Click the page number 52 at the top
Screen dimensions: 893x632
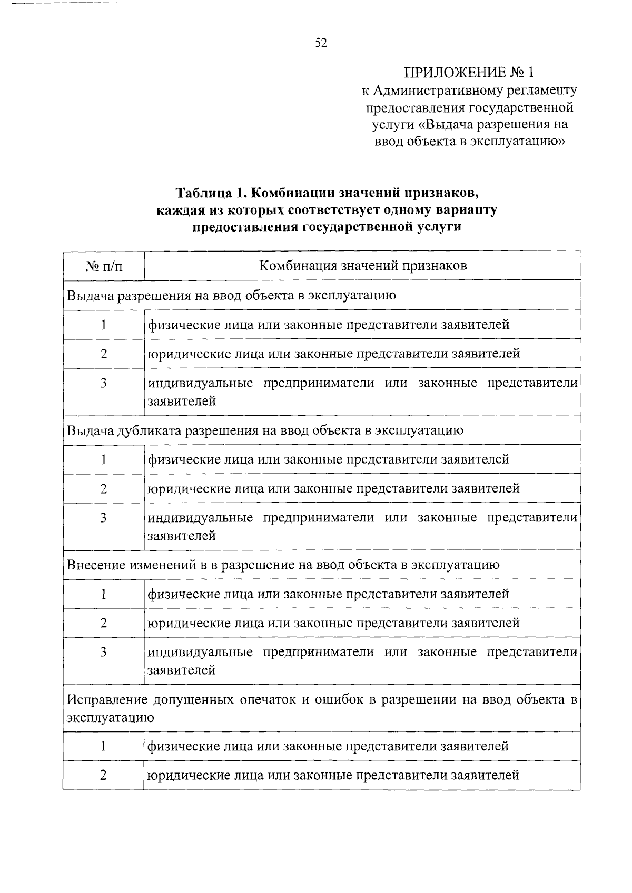(321, 43)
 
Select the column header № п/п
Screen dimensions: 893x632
(103, 266)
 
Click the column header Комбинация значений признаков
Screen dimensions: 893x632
(363, 265)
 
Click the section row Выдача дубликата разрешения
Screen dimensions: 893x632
(265, 430)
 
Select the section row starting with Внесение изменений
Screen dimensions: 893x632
(283, 565)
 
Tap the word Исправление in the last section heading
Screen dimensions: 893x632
(107, 701)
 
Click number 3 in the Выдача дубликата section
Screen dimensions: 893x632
(103, 518)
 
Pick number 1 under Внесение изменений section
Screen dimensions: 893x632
(103, 594)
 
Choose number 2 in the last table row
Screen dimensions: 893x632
(103, 775)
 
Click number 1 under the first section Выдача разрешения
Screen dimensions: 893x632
(103, 325)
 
